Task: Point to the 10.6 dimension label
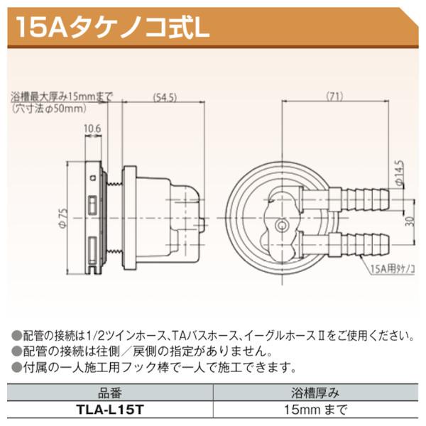pyautogui.click(x=92, y=129)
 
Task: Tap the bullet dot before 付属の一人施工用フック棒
pyautogui.click(x=16, y=367)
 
